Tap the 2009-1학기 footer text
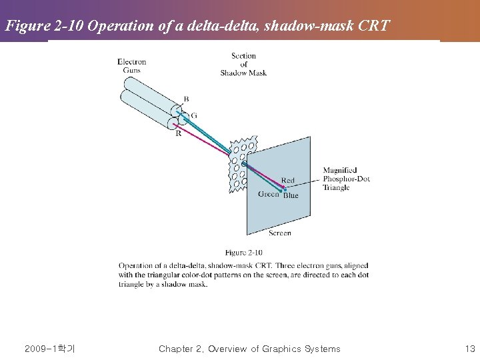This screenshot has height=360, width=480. pyautogui.click(x=49, y=349)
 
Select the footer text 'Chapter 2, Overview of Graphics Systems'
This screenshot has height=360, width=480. pyautogui.click(x=249, y=349)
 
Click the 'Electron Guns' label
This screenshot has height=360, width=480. pyautogui.click(x=131, y=66)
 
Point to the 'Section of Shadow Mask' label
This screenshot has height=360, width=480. pyautogui.click(x=243, y=64)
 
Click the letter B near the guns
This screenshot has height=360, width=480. pyautogui.click(x=186, y=99)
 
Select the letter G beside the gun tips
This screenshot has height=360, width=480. pyautogui.click(x=194, y=115)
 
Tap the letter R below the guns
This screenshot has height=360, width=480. pyautogui.click(x=178, y=133)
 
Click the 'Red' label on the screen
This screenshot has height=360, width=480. pyautogui.click(x=287, y=180)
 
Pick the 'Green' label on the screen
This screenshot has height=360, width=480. pyautogui.click(x=269, y=194)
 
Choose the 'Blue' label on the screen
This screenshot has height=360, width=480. pyautogui.click(x=291, y=195)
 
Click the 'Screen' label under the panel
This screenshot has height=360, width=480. pyautogui.click(x=279, y=233)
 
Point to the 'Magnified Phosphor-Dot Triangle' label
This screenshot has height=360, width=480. pyautogui.click(x=346, y=179)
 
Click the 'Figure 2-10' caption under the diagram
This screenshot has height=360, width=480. pyautogui.click(x=243, y=253)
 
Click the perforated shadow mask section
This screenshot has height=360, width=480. pyautogui.click(x=240, y=163)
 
